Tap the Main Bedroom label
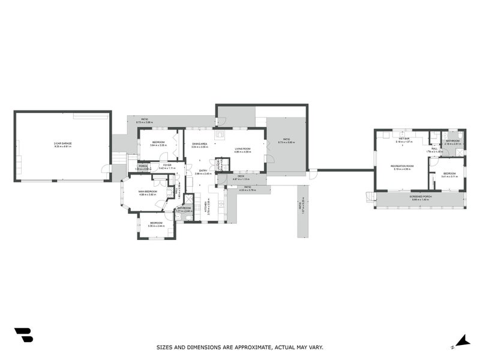click(x=148, y=191)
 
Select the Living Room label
click(x=242, y=149)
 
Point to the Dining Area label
click(x=199, y=144)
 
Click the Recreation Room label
click(x=402, y=166)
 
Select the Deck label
click(x=241, y=176)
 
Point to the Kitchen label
click(x=208, y=208)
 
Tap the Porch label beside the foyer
click(x=143, y=166)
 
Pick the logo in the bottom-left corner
click(x=23, y=335)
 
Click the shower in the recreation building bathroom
click(x=460, y=135)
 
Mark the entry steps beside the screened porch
click(x=369, y=196)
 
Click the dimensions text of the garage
click(x=62, y=146)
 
